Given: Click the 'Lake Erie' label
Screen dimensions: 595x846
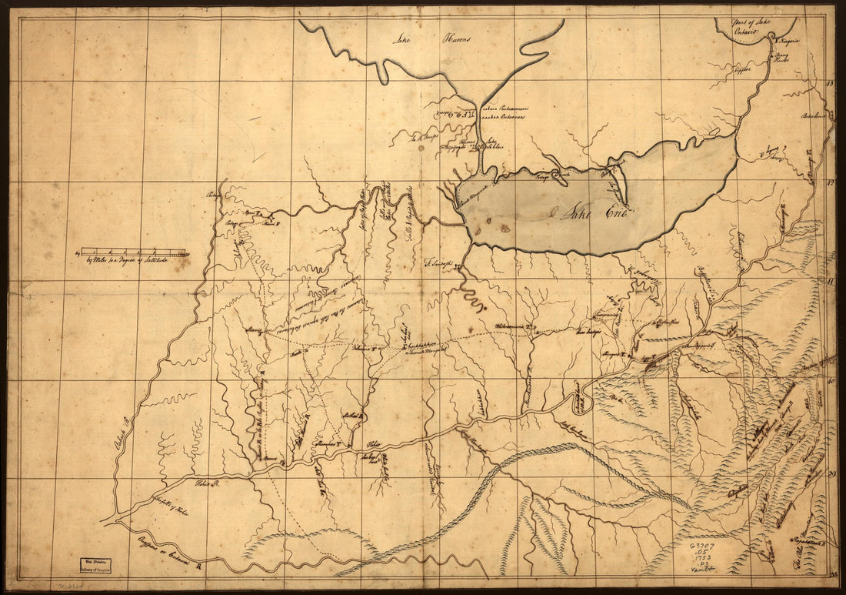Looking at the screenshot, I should (x=586, y=213).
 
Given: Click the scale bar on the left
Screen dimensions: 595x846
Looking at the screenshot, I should (x=135, y=251).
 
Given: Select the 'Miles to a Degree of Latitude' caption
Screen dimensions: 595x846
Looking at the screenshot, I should (x=133, y=259).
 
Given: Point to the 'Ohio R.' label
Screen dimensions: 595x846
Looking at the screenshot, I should (x=206, y=484).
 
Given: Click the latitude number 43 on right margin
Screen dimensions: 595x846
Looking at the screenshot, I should (x=829, y=83).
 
